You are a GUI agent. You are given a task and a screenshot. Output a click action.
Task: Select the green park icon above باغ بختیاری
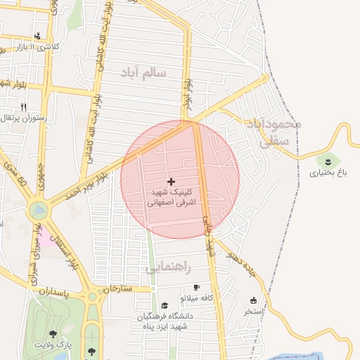pyautogui.click(x=328, y=162)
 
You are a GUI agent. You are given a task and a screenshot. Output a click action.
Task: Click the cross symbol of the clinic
pyautogui.click(x=171, y=181)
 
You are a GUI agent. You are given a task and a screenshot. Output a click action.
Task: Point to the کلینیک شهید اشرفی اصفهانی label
pyautogui.click(x=173, y=196)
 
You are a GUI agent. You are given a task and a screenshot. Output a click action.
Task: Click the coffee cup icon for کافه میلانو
pyautogui.click(x=196, y=288)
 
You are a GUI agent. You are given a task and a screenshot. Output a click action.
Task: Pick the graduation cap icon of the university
pyautogui.click(x=165, y=305)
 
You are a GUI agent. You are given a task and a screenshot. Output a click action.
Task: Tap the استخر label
pyautogui.click(x=253, y=310)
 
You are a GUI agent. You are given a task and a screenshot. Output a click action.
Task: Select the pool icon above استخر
pyautogui.click(x=253, y=300)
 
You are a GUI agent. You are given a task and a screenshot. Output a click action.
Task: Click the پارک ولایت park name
pyautogui.click(x=55, y=345)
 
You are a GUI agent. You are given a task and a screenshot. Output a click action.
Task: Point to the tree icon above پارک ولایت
pyautogui.click(x=53, y=334)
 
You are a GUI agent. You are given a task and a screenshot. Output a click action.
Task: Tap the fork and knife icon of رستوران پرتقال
pyautogui.click(x=24, y=107)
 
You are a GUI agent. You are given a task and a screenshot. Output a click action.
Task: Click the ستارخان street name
pyautogui.click(x=117, y=288)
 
